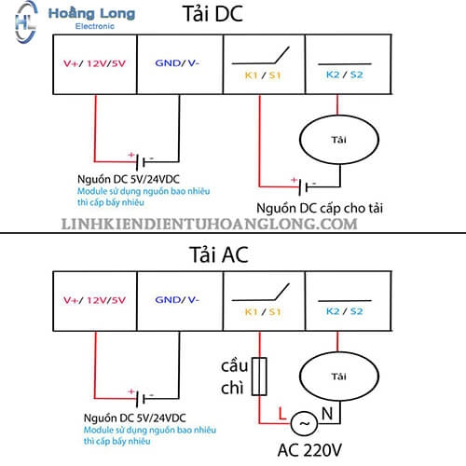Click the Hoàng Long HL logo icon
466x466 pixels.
click(26, 22)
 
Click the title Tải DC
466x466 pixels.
click(212, 14)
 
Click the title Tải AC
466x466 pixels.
click(219, 254)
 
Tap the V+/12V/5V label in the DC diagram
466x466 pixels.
click(94, 63)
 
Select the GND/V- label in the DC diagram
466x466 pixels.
click(177, 63)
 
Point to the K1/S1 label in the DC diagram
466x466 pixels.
click(263, 75)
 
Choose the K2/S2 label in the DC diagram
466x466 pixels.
click(345, 75)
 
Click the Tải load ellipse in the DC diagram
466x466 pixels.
click(339, 115)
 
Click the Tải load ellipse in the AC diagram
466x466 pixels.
click(339, 351)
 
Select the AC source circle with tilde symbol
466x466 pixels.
click(304, 411)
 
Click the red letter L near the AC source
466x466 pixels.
click(282, 414)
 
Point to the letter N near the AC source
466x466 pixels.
click(327, 414)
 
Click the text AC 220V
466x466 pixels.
click(309, 450)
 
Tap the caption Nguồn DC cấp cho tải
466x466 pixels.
click(320, 208)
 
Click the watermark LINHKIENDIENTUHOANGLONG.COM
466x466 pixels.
click(209, 224)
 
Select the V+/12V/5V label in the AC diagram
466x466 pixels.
click(94, 300)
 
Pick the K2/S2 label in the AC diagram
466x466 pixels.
click(345, 311)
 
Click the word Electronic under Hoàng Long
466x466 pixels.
click(95, 26)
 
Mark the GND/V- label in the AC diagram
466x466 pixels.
click(177, 300)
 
